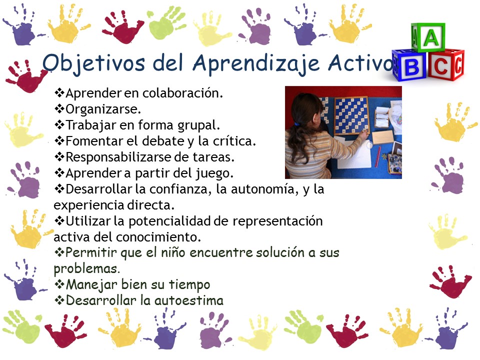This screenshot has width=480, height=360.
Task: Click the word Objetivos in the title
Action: [93, 63]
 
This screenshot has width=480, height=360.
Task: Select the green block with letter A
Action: [428, 37]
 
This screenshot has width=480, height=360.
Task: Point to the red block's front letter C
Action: [441, 66]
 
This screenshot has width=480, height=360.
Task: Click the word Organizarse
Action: [103, 109]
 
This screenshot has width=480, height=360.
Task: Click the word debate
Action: [163, 141]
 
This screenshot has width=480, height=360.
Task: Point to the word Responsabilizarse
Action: [118, 157]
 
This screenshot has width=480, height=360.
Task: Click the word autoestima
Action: [188, 300]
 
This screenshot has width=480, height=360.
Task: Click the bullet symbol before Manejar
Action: [59, 284]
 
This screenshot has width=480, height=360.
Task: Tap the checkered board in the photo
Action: [351, 115]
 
